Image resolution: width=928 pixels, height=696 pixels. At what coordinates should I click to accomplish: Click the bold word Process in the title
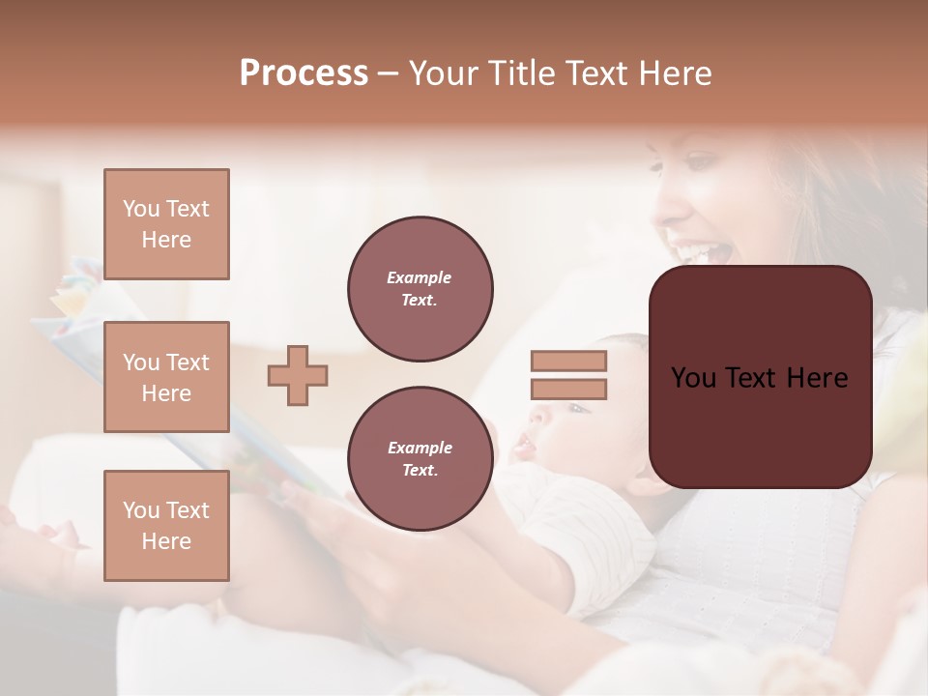pos(304,73)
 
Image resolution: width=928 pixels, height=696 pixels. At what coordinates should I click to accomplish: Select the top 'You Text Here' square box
pos(166,224)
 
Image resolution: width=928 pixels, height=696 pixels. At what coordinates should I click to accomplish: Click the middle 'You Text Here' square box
pos(166,377)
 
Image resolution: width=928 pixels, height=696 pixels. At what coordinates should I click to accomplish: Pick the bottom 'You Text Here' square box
pos(166,526)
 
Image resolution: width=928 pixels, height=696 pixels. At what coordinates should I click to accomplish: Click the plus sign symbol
pos(298,375)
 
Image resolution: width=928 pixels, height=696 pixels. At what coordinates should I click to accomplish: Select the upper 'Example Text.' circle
pos(420,289)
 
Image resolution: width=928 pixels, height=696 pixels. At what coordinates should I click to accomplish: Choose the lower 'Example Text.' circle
pos(420,459)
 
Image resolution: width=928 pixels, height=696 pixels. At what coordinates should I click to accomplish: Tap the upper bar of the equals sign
pos(569,362)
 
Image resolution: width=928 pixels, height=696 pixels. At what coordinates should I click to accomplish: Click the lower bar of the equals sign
pos(569,390)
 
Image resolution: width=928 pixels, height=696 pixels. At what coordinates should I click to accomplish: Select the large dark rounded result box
pos(760,377)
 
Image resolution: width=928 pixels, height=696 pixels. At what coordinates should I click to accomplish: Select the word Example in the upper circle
pos(420,277)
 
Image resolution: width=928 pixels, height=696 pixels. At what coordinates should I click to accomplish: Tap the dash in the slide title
pos(389,73)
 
